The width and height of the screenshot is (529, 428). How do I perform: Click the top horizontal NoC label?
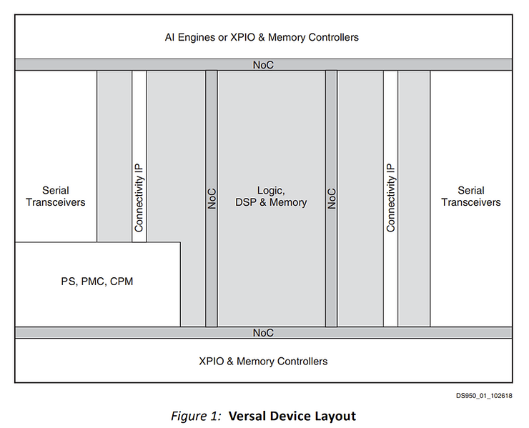263,64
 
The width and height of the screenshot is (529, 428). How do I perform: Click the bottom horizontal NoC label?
263,333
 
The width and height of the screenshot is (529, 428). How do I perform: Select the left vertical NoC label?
212,198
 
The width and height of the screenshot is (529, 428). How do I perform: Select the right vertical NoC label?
331,198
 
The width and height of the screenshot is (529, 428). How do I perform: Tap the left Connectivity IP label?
139,197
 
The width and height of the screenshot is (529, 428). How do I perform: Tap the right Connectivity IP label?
390,197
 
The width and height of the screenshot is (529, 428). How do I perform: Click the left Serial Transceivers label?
56,196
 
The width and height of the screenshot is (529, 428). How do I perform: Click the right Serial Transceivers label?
470,196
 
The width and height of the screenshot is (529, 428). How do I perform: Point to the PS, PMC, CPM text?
98,282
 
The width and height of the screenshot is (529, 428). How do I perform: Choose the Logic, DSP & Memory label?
271,196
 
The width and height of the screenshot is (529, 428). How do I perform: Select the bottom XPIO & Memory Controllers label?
263,361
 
